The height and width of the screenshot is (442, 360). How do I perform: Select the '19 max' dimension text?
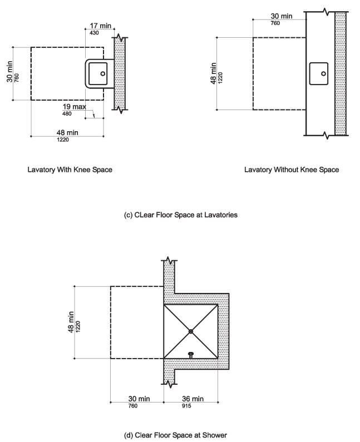[x=74, y=106]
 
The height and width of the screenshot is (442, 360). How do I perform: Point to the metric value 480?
[x=67, y=113]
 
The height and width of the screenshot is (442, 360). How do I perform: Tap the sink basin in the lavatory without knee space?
[x=320, y=72]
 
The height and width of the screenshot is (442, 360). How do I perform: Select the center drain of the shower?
[x=190, y=331]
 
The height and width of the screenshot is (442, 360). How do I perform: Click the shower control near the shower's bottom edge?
[x=191, y=354]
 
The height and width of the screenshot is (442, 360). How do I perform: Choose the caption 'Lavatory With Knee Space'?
[x=70, y=170]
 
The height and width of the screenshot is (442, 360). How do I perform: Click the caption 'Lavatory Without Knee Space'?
[x=292, y=170]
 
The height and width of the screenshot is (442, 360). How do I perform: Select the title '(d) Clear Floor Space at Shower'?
[x=175, y=435]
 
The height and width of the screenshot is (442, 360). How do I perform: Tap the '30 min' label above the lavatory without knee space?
[x=282, y=16]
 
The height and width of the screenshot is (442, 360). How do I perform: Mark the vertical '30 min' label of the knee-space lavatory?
[x=9, y=73]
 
